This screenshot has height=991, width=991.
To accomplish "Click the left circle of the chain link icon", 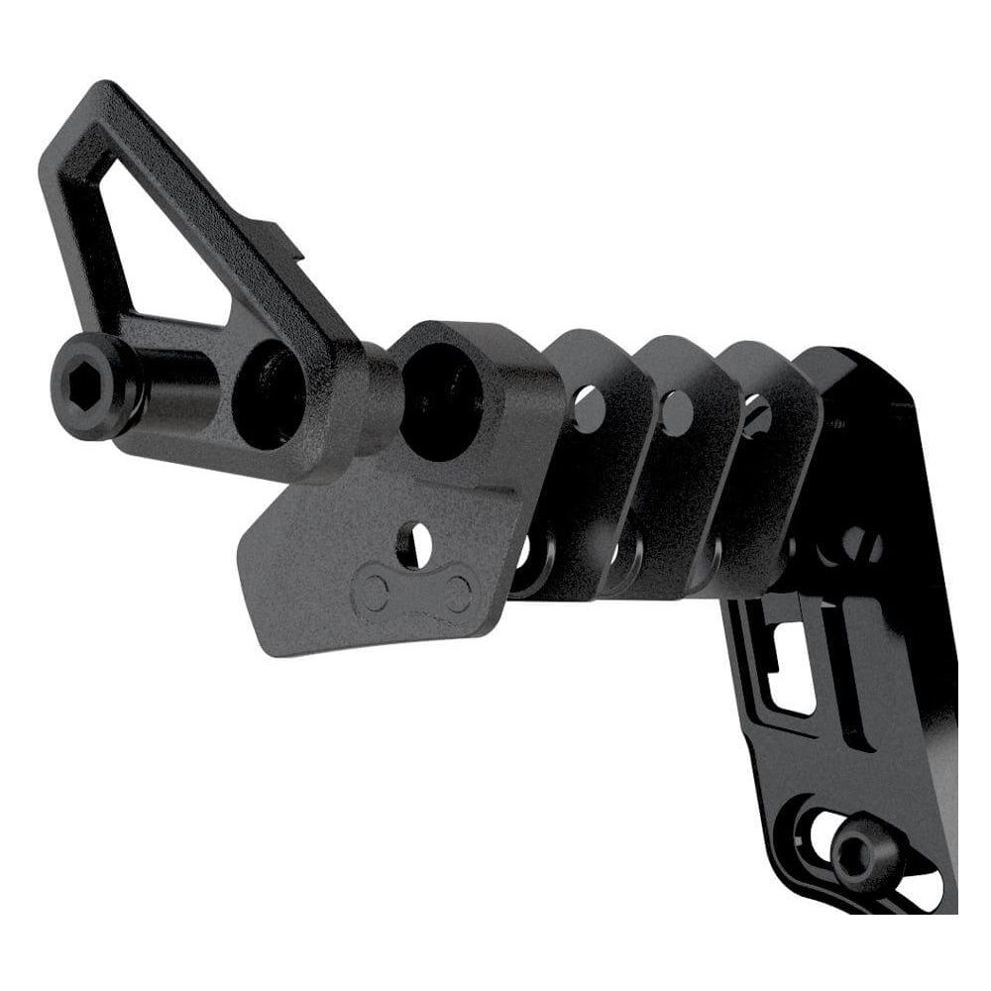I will click(374, 593).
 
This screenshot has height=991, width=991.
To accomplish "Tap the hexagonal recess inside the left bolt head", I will click(92, 381).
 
